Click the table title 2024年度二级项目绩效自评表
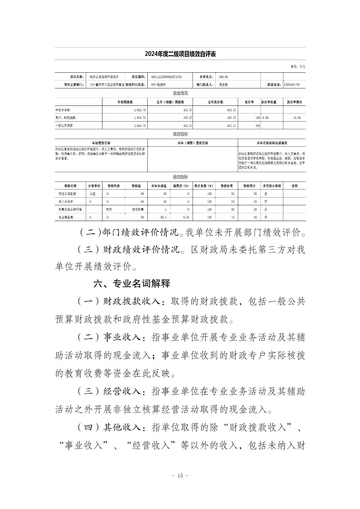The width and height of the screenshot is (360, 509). [x=180, y=54]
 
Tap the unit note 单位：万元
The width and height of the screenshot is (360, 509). [x=298, y=67]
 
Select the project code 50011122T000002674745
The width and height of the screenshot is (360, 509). [x=166, y=77]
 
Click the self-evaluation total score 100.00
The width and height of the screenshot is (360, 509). [x=223, y=77]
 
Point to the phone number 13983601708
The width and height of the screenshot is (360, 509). [x=291, y=85]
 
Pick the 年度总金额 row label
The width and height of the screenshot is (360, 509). [x=63, y=110]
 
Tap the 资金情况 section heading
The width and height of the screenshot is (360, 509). [x=180, y=93]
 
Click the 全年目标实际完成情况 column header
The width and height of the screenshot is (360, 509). [x=272, y=143]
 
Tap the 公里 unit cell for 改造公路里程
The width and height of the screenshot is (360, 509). [x=92, y=194]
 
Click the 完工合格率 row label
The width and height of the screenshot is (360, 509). [x=66, y=202]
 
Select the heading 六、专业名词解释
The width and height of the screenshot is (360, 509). [x=132, y=284]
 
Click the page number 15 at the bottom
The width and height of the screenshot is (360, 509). [x=180, y=476]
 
